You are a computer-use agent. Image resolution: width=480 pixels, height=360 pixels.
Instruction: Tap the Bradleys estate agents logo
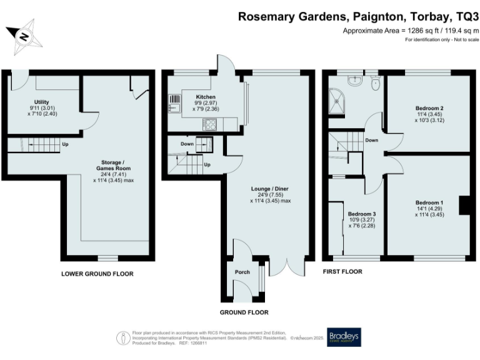pyautogui.click(x=343, y=336)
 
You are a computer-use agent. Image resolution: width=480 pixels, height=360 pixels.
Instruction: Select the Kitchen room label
pyautogui.click(x=206, y=97)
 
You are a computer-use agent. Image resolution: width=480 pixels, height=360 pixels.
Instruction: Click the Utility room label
pyautogui.click(x=41, y=102)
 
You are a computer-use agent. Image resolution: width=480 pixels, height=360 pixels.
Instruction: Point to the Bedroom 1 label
pyautogui.click(x=429, y=202)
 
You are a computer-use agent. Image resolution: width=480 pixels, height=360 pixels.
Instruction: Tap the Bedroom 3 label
pyautogui.click(x=362, y=214)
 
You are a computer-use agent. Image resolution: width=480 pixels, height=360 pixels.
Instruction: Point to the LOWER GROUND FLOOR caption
pyautogui.click(x=97, y=274)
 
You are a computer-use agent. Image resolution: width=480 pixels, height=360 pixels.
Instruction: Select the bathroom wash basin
pyautogui.click(x=354, y=79)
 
